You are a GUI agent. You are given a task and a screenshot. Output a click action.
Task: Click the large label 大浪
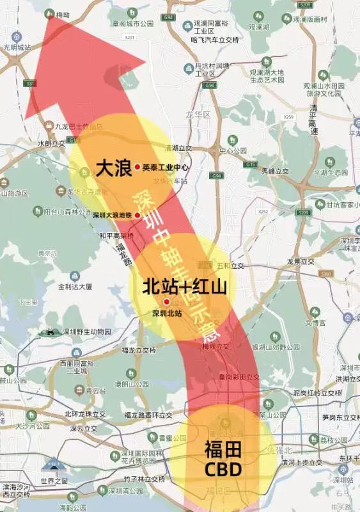[113, 168]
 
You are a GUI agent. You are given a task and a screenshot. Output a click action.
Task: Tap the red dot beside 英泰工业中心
[137, 167]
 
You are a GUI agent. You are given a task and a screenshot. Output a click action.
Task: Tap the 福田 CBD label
[223, 460]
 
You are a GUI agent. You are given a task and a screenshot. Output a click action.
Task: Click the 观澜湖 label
[260, 28]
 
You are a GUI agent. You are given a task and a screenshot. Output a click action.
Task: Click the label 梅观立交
[215, 346]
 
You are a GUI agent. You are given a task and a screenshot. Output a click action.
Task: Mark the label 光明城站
[18, 47]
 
